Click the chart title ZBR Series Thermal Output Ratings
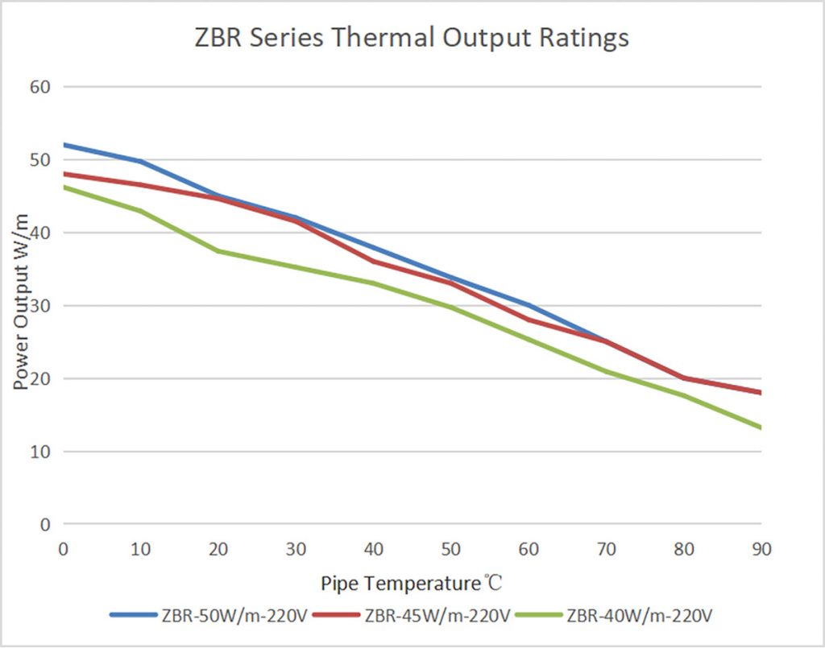pyautogui.click(x=412, y=38)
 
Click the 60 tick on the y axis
pyautogui.click(x=40, y=86)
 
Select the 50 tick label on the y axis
pyautogui.click(x=40, y=159)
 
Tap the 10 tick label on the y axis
pyautogui.click(x=40, y=452)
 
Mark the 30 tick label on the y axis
pyautogui.click(x=40, y=306)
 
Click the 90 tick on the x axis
pyautogui.click(x=761, y=549)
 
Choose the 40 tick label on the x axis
pyautogui.click(x=373, y=549)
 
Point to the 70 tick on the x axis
pyautogui.click(x=607, y=549)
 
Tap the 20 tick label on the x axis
pyautogui.click(x=218, y=549)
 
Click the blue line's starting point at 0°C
pyautogui.click(x=63, y=145)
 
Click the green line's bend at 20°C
pyautogui.click(x=218, y=251)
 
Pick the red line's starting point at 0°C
pyautogui.click(x=63, y=174)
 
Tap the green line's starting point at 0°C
pyautogui.click(x=63, y=187)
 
